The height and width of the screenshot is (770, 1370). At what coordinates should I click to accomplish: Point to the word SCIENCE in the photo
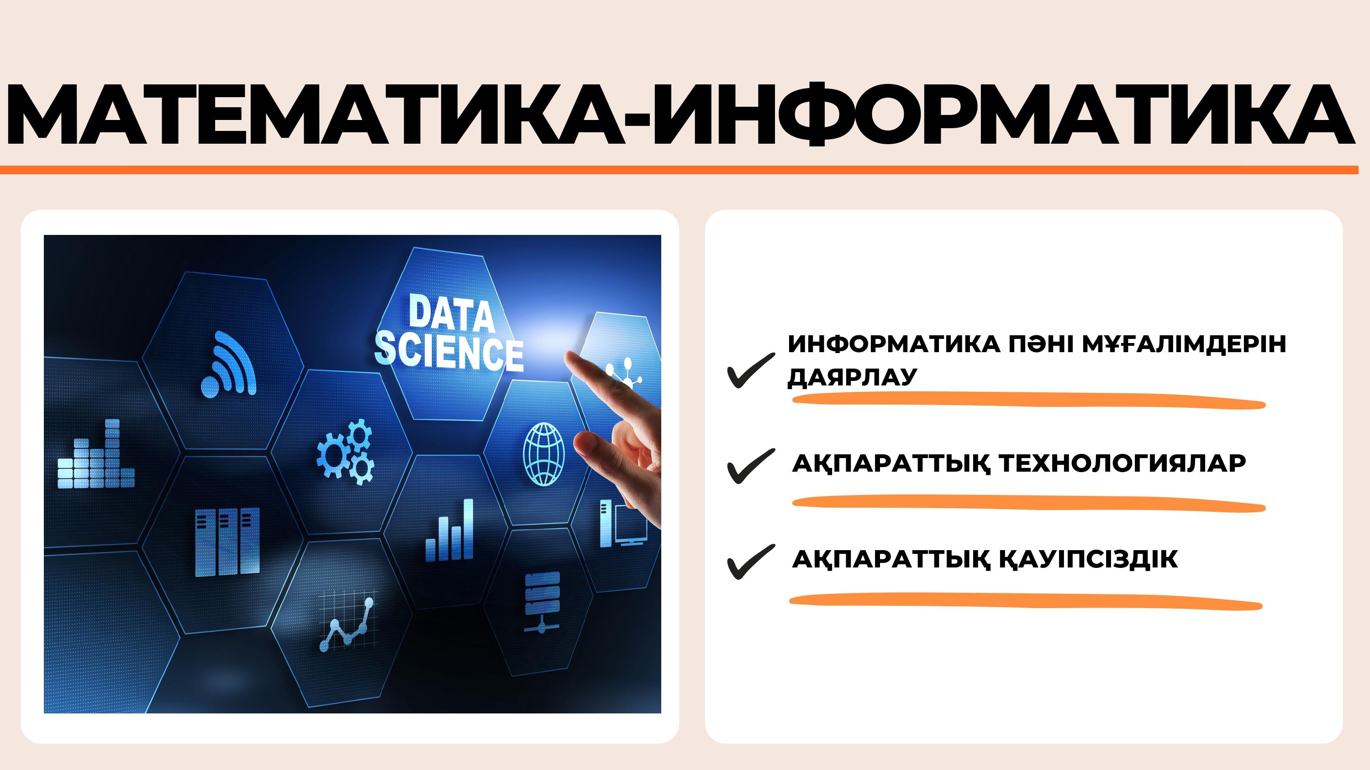pyautogui.click(x=449, y=351)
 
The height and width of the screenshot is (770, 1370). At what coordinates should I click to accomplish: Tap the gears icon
pyautogui.click(x=346, y=452)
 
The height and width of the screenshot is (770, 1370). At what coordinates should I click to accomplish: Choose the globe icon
pyautogui.click(x=543, y=454)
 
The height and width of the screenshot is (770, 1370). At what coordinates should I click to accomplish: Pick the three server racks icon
pyautogui.click(x=227, y=542)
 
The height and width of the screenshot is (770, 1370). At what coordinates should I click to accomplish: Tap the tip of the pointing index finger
pyautogui.click(x=569, y=357)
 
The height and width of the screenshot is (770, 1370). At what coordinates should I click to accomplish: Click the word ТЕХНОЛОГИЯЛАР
pyautogui.click(x=1122, y=463)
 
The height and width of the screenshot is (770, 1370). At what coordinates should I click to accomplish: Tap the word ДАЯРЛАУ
pyautogui.click(x=853, y=377)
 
